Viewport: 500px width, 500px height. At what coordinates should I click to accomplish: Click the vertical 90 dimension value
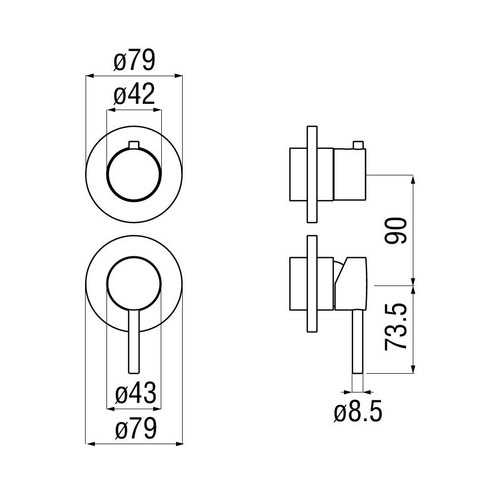(397, 231)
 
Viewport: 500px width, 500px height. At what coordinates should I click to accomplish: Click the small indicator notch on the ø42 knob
(133, 150)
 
